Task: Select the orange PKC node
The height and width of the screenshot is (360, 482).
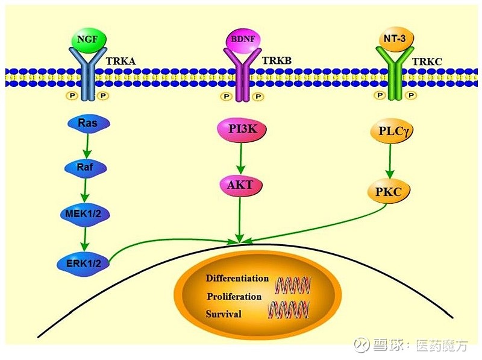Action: click(389, 192)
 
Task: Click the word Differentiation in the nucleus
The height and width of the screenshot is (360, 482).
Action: click(237, 278)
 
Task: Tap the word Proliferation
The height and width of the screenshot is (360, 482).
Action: click(234, 296)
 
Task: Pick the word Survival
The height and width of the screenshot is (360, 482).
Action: click(224, 314)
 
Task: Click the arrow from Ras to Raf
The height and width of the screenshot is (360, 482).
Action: click(88, 145)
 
